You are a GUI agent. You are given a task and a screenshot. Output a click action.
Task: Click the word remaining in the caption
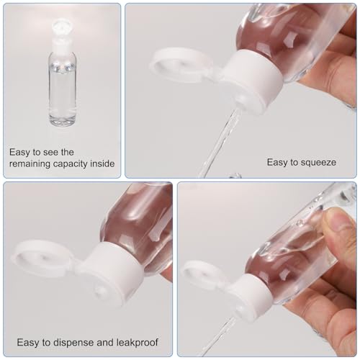point(30,163)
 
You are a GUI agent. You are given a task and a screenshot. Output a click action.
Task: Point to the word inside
point(103,163)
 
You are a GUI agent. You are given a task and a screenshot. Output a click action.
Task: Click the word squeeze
point(320,162)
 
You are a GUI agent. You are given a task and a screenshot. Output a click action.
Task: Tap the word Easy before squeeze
point(278,162)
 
